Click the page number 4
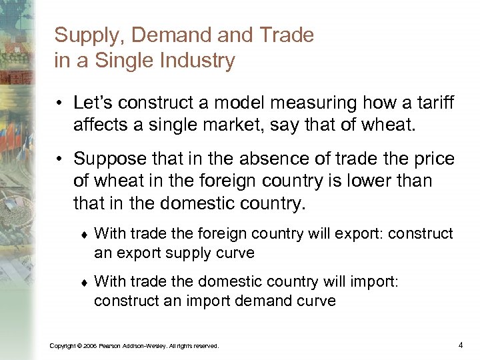[x=461, y=345]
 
